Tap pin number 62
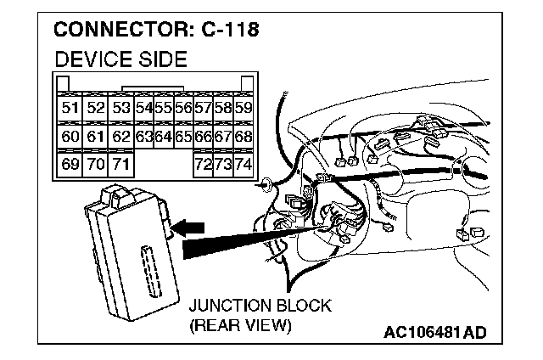coord(121,135)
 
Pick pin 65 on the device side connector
coord(183,135)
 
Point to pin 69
coord(70,163)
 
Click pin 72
coord(203,163)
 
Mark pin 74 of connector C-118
coord(244,163)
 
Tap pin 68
coord(244,135)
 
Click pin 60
coord(70,135)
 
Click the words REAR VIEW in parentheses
coord(241,325)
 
